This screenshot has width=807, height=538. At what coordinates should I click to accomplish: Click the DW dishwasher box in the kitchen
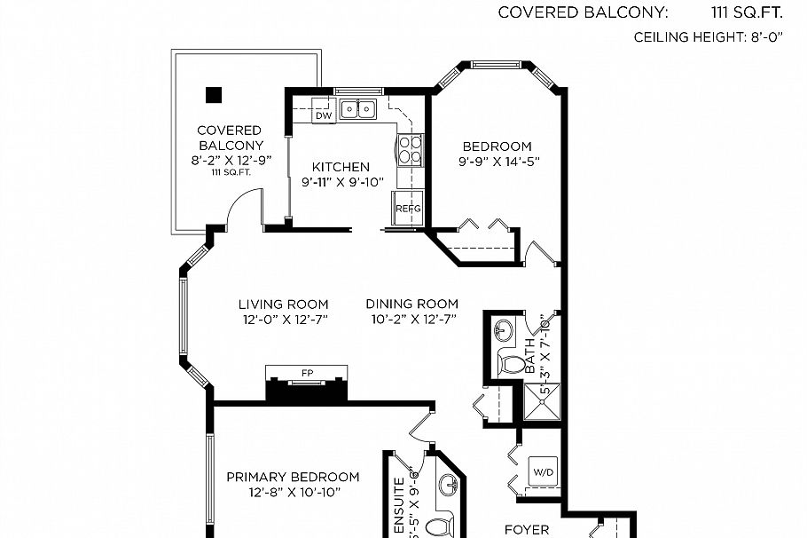pos(323,116)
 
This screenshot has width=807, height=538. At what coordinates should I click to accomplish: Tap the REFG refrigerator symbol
pos(408,208)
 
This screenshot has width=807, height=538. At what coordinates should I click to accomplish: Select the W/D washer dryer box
pos(541,471)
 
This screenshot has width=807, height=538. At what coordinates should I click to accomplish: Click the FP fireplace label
pos(308,373)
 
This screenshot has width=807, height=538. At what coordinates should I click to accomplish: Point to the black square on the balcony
pos(213,93)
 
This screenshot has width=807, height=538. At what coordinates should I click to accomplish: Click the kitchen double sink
pos(358,109)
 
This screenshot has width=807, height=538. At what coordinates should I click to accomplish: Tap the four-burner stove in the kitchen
pos(410,151)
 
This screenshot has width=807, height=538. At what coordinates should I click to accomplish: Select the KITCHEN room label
pos(341,167)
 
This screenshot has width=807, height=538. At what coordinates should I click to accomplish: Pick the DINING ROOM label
pos(412,304)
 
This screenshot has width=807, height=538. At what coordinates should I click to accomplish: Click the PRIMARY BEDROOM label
pos(293,477)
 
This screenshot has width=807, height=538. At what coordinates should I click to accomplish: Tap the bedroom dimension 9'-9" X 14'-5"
pos(498,162)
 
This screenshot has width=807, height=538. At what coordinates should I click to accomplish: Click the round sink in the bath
pos(503,331)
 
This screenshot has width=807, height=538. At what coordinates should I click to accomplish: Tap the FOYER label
pos(527,530)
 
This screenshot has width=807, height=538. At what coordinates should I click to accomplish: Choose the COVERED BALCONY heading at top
pos(581,12)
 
